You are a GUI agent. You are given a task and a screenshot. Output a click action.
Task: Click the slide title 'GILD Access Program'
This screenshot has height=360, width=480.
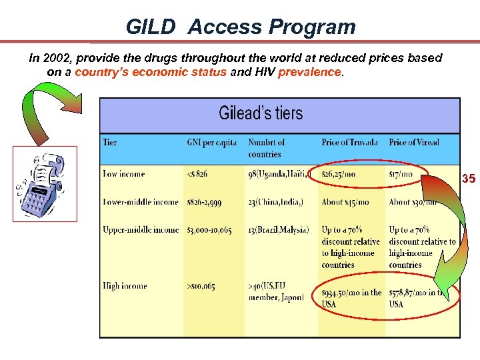point(241,27)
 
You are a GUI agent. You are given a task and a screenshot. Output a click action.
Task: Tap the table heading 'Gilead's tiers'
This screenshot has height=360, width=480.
point(261,113)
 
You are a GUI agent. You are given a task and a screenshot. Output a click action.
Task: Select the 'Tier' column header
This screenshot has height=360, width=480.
point(110,142)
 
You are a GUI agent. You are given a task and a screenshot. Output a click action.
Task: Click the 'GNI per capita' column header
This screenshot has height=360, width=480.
point(211,142)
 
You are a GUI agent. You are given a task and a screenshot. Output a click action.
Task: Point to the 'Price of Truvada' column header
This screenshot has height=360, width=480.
point(349,142)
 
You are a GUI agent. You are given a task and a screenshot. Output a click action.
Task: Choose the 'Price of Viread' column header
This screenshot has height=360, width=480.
point(414,142)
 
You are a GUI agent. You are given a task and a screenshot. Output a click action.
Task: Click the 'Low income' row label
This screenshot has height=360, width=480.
point(125,174)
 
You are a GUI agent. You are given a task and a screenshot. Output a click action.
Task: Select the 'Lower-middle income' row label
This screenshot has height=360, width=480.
point(141,201)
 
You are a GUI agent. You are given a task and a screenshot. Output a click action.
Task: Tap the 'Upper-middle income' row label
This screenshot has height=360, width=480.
point(141,230)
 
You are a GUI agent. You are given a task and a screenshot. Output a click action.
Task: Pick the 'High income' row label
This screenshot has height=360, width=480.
point(125,286)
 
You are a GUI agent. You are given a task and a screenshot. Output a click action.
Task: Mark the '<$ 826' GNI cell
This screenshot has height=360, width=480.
point(197,174)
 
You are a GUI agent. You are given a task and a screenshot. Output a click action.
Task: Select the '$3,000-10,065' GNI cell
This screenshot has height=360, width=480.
point(211,230)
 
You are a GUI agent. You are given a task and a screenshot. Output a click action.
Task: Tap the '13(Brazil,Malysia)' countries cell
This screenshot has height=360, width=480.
point(279,230)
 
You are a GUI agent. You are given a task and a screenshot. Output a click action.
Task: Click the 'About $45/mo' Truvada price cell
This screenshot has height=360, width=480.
point(345,201)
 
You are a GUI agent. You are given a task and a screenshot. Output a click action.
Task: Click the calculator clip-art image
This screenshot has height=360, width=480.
point(45,184)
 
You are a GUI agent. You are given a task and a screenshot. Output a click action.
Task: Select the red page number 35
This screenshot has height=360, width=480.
point(469,179)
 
